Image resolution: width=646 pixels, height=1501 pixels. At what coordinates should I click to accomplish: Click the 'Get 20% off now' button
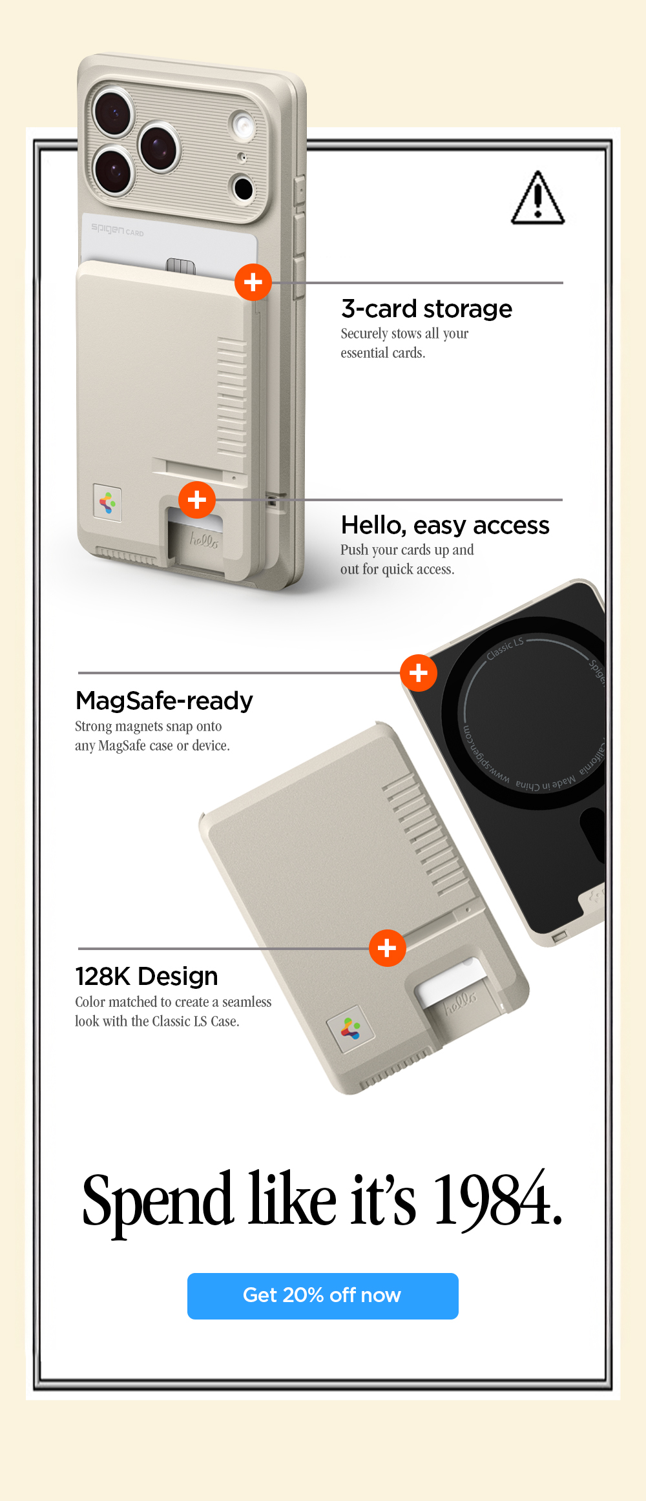[x=322, y=1296]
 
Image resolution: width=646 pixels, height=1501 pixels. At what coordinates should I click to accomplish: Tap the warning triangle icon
[x=537, y=199]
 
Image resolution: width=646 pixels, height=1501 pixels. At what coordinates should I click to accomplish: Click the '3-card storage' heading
[x=426, y=309]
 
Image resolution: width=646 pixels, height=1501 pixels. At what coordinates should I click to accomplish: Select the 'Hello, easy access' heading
[x=445, y=526]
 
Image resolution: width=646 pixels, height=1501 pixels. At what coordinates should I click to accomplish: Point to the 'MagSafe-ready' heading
[x=164, y=701]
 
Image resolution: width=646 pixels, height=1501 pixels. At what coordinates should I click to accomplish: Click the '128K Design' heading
[x=147, y=977]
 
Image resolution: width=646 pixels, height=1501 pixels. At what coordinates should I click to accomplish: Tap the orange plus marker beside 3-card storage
[x=253, y=282]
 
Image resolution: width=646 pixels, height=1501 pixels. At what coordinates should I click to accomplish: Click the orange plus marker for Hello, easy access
[x=197, y=499]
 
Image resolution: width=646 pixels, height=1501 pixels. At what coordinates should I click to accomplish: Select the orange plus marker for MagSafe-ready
[x=419, y=673]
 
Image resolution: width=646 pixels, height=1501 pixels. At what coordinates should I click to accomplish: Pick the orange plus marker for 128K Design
[x=387, y=948]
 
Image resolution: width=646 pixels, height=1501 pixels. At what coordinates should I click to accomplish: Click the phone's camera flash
[x=243, y=125]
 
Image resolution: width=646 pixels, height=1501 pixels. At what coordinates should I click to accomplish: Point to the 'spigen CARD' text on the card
[x=118, y=230]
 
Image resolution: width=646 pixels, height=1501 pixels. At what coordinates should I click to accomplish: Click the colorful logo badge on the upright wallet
[x=107, y=501]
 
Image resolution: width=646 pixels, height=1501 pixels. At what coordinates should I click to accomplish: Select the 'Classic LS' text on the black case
[x=505, y=648]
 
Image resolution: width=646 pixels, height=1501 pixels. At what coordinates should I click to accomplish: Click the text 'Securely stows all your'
[x=404, y=334]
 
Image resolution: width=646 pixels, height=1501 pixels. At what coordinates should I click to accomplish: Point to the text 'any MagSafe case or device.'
[x=152, y=746]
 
